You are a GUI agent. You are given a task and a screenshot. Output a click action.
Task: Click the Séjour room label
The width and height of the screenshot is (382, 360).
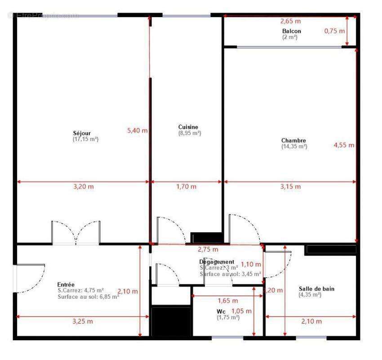point(82,133)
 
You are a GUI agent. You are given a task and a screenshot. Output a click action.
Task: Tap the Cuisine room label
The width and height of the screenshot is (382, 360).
point(188,127)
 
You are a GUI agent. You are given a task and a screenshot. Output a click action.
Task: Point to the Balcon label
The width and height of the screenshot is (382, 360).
point(292,31)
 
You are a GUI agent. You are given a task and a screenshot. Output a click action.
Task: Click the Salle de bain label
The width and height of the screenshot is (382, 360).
point(316,289)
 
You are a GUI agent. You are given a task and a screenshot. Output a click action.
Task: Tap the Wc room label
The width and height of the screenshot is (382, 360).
point(221,311)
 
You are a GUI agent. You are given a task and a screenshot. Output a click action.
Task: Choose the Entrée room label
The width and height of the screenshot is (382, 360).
point(66,284)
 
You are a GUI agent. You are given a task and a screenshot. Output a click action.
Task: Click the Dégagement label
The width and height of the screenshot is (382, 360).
point(217,262)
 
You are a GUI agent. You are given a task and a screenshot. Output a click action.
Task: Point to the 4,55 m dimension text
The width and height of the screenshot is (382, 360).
point(344,145)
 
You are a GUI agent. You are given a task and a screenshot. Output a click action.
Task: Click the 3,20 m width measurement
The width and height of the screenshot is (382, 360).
point(84,186)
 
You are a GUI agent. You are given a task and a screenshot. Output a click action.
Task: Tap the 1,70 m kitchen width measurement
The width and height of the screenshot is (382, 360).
point(186,186)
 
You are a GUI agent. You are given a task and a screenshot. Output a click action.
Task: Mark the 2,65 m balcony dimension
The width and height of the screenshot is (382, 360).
point(290,21)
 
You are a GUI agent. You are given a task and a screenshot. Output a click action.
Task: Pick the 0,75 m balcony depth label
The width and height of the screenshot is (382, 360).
point(335,31)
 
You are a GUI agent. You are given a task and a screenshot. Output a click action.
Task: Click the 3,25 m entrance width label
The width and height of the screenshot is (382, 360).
point(83,321)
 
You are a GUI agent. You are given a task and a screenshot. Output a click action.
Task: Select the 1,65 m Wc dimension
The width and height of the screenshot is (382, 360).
point(227,301)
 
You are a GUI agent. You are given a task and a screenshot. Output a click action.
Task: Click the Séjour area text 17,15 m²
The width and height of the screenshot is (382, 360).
point(85,139)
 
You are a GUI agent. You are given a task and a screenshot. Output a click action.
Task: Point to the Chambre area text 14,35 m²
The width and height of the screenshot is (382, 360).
point(294,146)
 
